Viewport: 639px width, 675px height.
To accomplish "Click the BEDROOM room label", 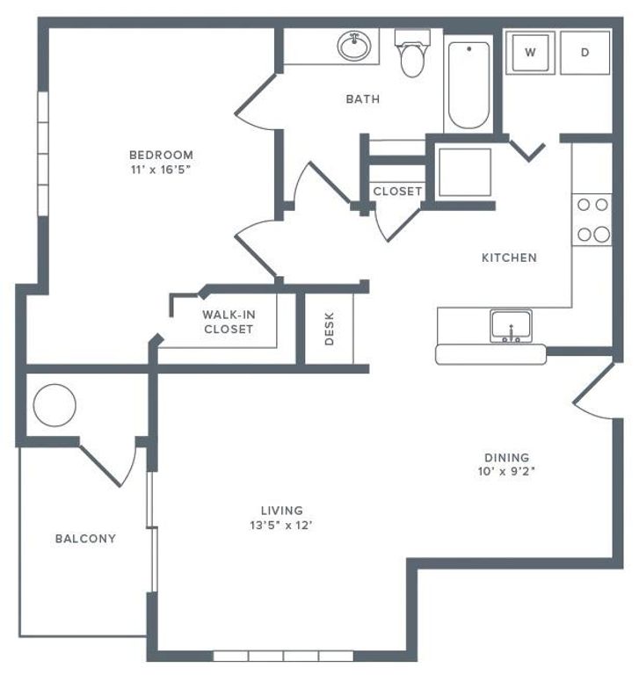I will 159,156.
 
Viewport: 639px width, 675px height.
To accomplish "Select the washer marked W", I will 530,52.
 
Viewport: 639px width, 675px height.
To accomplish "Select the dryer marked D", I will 585,52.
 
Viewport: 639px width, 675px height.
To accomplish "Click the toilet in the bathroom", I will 410,54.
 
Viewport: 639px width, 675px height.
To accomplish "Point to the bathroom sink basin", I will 355,46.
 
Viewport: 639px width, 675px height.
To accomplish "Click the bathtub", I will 470,83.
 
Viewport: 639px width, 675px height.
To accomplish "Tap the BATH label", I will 362,99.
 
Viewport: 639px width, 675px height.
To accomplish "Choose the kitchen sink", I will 510,325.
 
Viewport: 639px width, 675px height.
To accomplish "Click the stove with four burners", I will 592,220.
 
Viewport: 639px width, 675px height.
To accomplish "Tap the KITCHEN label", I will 509,258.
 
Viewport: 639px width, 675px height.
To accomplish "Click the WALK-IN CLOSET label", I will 228,322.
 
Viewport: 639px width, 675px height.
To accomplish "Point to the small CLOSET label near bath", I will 397,191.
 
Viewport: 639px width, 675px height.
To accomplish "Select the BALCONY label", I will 85,538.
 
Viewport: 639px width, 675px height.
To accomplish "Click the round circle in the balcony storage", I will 54,405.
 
